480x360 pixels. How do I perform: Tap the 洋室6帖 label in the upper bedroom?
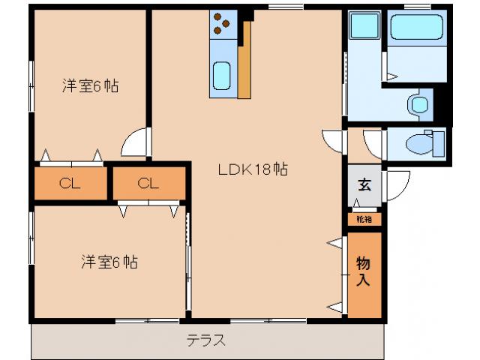click(x=89, y=85)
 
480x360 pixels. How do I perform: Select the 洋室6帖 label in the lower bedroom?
click(x=109, y=262)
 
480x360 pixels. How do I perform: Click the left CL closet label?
click(x=70, y=183)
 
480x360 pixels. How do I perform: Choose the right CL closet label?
click(x=148, y=183)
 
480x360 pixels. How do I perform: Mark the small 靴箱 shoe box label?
click(x=364, y=220)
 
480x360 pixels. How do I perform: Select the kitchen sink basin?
click(x=223, y=75)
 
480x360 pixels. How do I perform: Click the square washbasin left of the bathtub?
click(x=365, y=28)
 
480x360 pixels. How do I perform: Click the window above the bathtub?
click(x=417, y=7)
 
